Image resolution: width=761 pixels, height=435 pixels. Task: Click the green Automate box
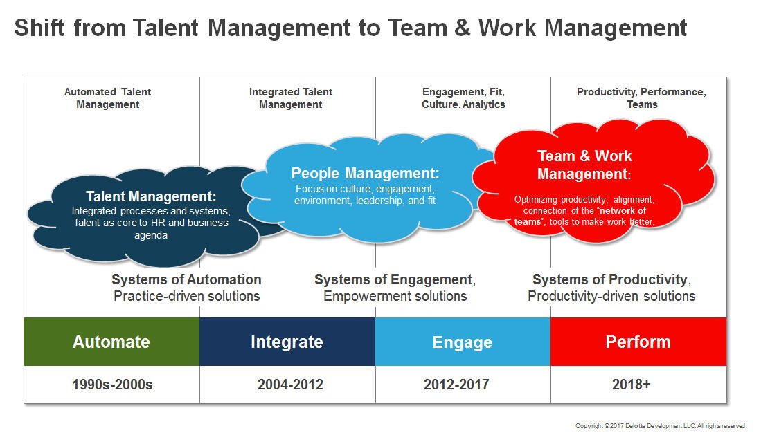click(111, 342)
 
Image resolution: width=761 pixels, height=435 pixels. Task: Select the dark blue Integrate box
click(287, 342)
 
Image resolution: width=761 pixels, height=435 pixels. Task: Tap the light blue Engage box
click(462, 342)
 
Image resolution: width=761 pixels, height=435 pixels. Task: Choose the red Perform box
click(638, 342)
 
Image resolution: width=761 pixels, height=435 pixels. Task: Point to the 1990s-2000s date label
click(111, 385)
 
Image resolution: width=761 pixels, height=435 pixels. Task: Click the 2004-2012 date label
click(287, 385)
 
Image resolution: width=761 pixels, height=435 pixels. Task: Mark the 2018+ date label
click(631, 385)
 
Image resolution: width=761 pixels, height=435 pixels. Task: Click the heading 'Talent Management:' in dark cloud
click(151, 196)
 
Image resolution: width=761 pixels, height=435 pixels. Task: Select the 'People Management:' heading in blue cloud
click(365, 174)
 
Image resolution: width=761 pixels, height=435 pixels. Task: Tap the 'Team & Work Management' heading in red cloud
click(584, 165)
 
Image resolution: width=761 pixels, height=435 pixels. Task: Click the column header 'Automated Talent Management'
click(107, 98)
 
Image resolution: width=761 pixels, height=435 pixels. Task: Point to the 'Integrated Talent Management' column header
click(291, 98)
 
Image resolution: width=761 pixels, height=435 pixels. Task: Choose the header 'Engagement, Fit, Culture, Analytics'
click(463, 98)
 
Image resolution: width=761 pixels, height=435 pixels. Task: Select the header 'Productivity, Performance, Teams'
click(641, 98)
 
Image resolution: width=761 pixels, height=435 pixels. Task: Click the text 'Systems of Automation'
click(186, 280)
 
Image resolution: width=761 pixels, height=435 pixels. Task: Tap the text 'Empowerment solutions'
click(395, 297)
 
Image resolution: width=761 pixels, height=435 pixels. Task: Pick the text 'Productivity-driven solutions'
click(611, 297)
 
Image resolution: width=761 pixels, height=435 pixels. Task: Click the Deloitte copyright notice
click(661, 425)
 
